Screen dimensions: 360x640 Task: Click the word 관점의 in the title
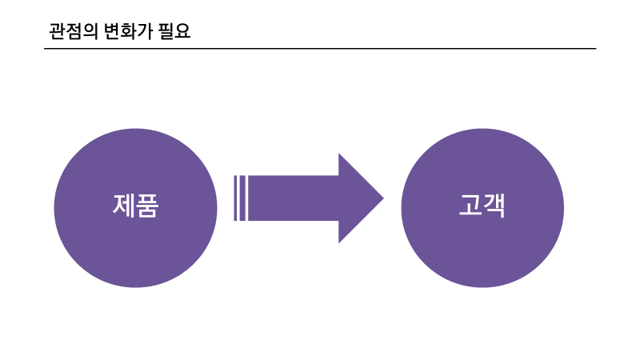[x=72, y=32]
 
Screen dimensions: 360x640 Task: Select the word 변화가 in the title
[x=127, y=32]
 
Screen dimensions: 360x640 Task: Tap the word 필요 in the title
[x=175, y=32]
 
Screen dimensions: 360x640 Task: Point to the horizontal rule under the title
[x=320, y=49]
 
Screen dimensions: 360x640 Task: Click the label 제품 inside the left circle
[x=136, y=206]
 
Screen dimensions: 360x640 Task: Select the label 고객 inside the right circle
[x=482, y=206]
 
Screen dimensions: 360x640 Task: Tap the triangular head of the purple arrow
[x=359, y=198]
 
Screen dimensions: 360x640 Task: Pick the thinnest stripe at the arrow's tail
[x=234, y=198]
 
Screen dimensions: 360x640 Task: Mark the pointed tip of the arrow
[x=382, y=198]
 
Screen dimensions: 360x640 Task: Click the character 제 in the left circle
[x=124, y=206]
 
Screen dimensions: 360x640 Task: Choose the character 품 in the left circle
[x=148, y=206]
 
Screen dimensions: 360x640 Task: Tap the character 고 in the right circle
[x=470, y=206]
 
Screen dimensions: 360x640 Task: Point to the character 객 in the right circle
[x=494, y=206]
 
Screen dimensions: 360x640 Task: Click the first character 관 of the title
[x=56, y=32]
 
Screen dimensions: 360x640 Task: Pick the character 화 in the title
[x=127, y=32]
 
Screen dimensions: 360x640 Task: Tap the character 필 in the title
[x=167, y=32]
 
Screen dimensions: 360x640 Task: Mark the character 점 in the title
[x=72, y=32]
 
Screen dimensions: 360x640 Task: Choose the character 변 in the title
[x=111, y=32]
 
